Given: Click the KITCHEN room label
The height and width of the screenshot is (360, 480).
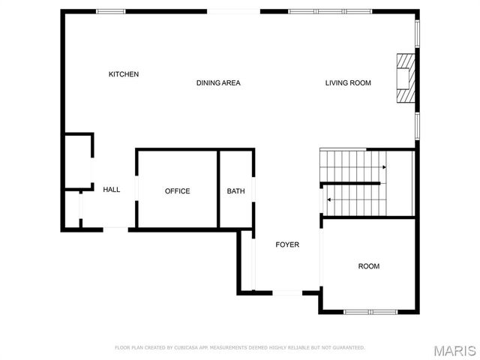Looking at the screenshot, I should [x=124, y=74].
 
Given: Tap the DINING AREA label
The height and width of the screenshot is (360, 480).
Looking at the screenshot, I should [x=218, y=82].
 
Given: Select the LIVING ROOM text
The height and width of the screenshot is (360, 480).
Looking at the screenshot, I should [x=348, y=82].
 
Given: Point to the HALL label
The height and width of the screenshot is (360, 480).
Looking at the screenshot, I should [x=111, y=190].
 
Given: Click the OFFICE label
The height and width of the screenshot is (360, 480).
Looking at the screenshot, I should [x=177, y=191].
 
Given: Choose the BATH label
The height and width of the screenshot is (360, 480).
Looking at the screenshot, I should [x=235, y=191].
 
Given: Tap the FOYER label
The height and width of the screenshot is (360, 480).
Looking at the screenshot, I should [x=287, y=244].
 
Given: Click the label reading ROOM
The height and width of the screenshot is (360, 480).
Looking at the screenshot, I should [x=368, y=266].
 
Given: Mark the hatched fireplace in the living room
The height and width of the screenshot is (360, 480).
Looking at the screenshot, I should [x=405, y=79].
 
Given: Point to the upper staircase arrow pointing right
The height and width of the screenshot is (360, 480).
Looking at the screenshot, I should [x=384, y=167].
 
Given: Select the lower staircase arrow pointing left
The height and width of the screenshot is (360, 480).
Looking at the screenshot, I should [x=328, y=200].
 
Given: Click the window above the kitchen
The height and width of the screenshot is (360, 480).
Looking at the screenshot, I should [x=111, y=11].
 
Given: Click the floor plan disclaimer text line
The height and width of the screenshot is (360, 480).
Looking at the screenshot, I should [x=239, y=348].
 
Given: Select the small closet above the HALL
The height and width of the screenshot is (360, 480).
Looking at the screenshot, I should [x=77, y=161].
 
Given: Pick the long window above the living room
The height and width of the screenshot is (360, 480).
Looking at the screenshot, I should [x=329, y=11].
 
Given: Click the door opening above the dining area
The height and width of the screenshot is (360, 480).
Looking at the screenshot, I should [x=234, y=11].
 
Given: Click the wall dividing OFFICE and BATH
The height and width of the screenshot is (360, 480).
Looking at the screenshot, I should [x=218, y=187].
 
